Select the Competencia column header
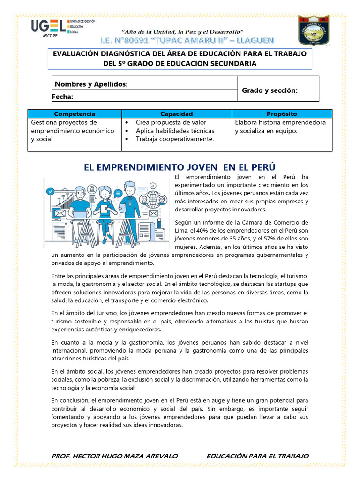[75, 114]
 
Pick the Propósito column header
[282, 114]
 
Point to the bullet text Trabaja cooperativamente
[175, 139]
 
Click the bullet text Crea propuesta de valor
[171, 122]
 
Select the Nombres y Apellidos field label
[91, 84]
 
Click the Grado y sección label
[270, 90]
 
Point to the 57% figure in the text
[275, 239]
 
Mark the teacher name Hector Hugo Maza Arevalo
[114, 456]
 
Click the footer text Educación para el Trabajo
[257, 456]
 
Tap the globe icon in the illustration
[153, 197]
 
